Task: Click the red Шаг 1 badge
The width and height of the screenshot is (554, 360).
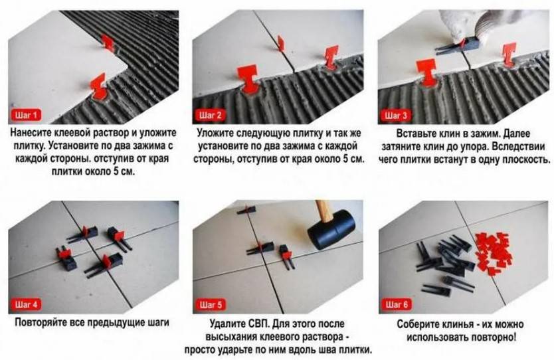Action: click(27, 115)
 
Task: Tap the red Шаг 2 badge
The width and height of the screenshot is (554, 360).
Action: click(210, 115)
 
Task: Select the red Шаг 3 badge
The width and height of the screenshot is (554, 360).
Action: click(396, 115)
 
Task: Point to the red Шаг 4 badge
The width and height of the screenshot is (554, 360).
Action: click(27, 304)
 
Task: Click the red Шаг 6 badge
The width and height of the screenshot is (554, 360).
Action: click(397, 304)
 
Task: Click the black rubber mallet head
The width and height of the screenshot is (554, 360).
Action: click(331, 230)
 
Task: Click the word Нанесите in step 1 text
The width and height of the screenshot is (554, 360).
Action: click(31, 133)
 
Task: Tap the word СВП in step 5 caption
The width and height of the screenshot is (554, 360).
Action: click(257, 323)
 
